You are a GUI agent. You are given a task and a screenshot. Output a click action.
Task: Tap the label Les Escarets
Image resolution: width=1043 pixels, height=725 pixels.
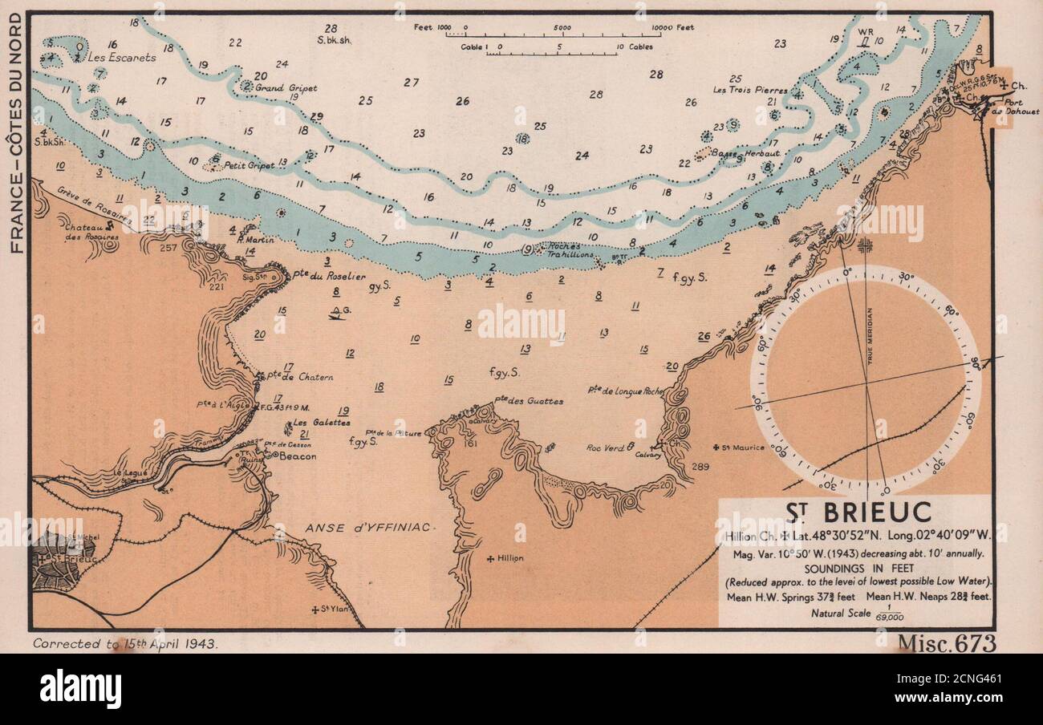(122, 58)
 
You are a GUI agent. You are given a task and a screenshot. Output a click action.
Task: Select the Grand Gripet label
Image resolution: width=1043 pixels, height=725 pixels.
(286, 87)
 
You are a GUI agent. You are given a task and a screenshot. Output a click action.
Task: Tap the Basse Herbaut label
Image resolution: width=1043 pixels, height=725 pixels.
(734, 152)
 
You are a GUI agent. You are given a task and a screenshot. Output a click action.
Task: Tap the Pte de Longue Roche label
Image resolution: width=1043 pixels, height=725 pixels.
(625, 391)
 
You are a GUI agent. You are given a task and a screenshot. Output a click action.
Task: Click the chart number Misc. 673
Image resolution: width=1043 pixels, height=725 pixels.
(946, 643)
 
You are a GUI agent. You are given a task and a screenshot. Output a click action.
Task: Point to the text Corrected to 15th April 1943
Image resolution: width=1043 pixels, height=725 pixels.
(125, 644)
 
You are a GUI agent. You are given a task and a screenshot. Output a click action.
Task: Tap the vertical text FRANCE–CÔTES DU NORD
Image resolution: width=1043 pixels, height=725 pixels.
(15, 132)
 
